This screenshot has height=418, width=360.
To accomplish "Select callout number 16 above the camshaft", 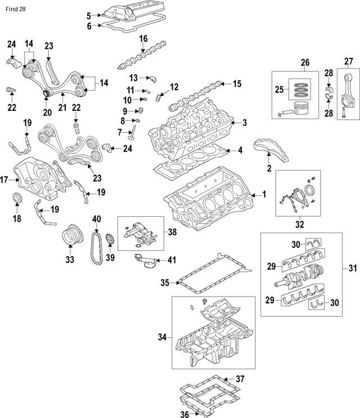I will [x=143, y=38].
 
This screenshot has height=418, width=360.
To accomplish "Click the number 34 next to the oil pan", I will [x=163, y=338].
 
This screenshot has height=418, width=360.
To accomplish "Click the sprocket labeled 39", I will [x=110, y=240].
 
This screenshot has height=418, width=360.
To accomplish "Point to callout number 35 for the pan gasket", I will [x=165, y=283].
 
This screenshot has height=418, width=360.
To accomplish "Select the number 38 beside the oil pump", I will [x=172, y=231].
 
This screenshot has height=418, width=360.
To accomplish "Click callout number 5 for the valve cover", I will [x=89, y=15].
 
